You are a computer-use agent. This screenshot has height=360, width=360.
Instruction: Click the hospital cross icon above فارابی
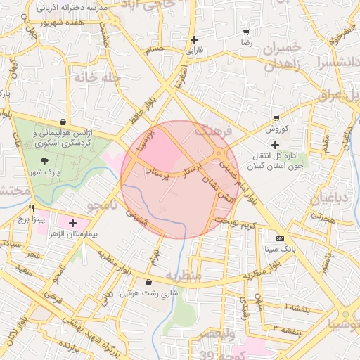194,40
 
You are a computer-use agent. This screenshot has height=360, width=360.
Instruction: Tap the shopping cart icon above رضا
246,32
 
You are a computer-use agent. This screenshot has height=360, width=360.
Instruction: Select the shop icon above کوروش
276,118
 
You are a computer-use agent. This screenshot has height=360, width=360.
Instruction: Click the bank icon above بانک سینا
281,238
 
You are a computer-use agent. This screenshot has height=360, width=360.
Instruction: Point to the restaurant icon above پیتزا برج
31,209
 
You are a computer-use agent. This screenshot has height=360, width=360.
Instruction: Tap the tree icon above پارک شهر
46,161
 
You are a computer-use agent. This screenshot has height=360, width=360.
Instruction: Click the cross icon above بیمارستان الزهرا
74,222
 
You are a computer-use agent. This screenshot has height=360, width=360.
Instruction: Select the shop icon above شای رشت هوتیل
148,282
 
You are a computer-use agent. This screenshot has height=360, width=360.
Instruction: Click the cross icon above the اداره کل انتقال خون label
275,144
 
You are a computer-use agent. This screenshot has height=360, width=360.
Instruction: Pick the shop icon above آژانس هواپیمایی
63,122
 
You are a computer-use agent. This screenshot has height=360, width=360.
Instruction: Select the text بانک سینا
281,249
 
